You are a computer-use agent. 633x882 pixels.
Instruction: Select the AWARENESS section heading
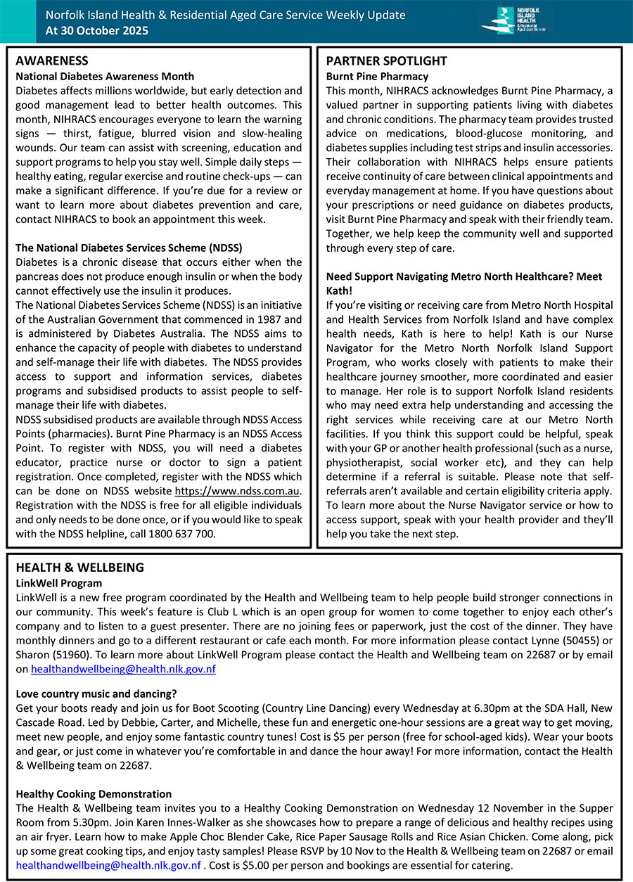tap(52, 61)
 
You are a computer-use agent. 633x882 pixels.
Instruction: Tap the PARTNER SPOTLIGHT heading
tap(387, 61)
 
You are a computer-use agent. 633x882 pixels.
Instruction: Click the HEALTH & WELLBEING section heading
tap(79, 568)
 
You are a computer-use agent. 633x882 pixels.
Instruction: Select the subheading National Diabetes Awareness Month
tap(105, 76)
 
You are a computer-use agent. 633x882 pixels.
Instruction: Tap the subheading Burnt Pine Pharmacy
tap(377, 76)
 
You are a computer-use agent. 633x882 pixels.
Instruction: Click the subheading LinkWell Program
tap(58, 583)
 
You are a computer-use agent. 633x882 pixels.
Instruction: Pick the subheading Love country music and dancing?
tap(96, 692)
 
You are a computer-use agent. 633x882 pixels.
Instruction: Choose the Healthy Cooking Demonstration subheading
tap(94, 794)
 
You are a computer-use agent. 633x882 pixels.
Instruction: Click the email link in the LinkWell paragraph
tap(123, 670)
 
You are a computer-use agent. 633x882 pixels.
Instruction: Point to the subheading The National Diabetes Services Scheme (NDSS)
tap(129, 248)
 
